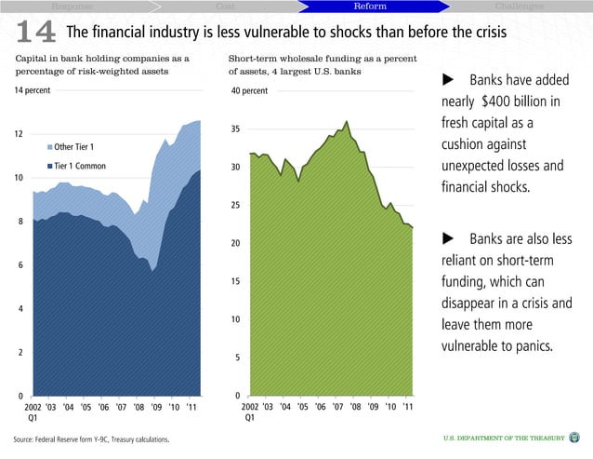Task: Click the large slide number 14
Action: click(x=34, y=31)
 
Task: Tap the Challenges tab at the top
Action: click(x=521, y=7)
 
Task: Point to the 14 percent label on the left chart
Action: click(x=32, y=90)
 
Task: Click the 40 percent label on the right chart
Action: click(x=248, y=91)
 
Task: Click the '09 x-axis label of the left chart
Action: click(x=156, y=407)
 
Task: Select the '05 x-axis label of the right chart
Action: click(x=302, y=407)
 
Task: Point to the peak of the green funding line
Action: click(x=347, y=121)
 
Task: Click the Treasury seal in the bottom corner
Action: click(x=573, y=438)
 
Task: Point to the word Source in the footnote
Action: click(x=27, y=438)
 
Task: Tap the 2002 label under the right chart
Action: click(x=250, y=407)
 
